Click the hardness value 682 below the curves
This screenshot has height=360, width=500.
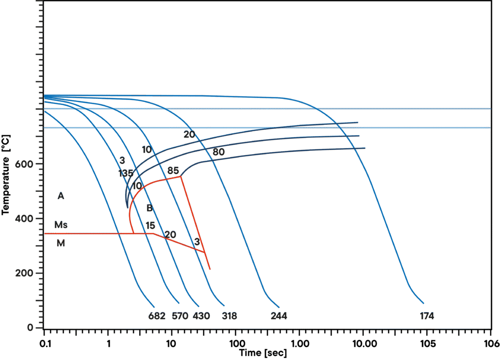(157, 316)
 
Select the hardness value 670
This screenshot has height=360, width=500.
(180, 316)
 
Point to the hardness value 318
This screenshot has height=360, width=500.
(229, 316)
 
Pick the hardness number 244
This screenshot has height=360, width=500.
(279, 316)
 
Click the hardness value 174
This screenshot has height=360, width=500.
(427, 316)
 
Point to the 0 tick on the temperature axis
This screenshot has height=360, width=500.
(30, 327)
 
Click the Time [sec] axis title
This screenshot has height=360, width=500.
(263, 352)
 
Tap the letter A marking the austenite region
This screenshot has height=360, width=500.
(61, 197)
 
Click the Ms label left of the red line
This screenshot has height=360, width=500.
(61, 225)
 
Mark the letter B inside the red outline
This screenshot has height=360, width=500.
(149, 209)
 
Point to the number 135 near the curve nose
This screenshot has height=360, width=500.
(125, 174)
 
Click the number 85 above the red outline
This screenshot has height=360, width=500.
(173, 170)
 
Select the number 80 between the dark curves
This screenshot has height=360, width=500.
(218, 152)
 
